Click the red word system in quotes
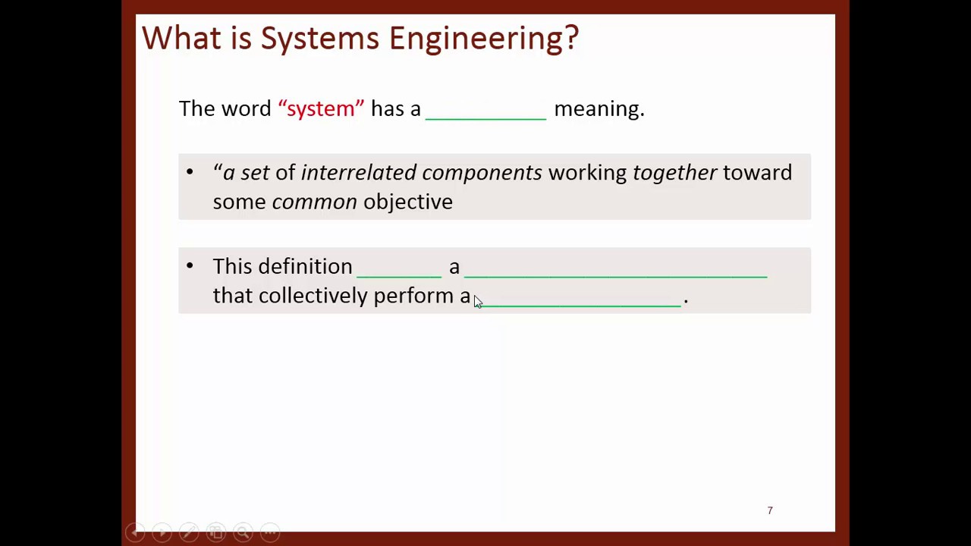(321, 108)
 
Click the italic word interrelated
(358, 173)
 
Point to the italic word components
(482, 173)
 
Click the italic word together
(674, 173)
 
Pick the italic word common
(314, 202)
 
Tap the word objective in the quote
(407, 202)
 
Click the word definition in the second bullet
(305, 266)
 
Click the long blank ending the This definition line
(615, 275)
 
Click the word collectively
(313, 296)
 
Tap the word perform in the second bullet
(413, 296)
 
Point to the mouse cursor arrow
(477, 302)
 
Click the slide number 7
(770, 510)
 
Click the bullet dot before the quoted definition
(190, 172)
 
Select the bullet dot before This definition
(190, 265)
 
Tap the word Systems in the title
(319, 38)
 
